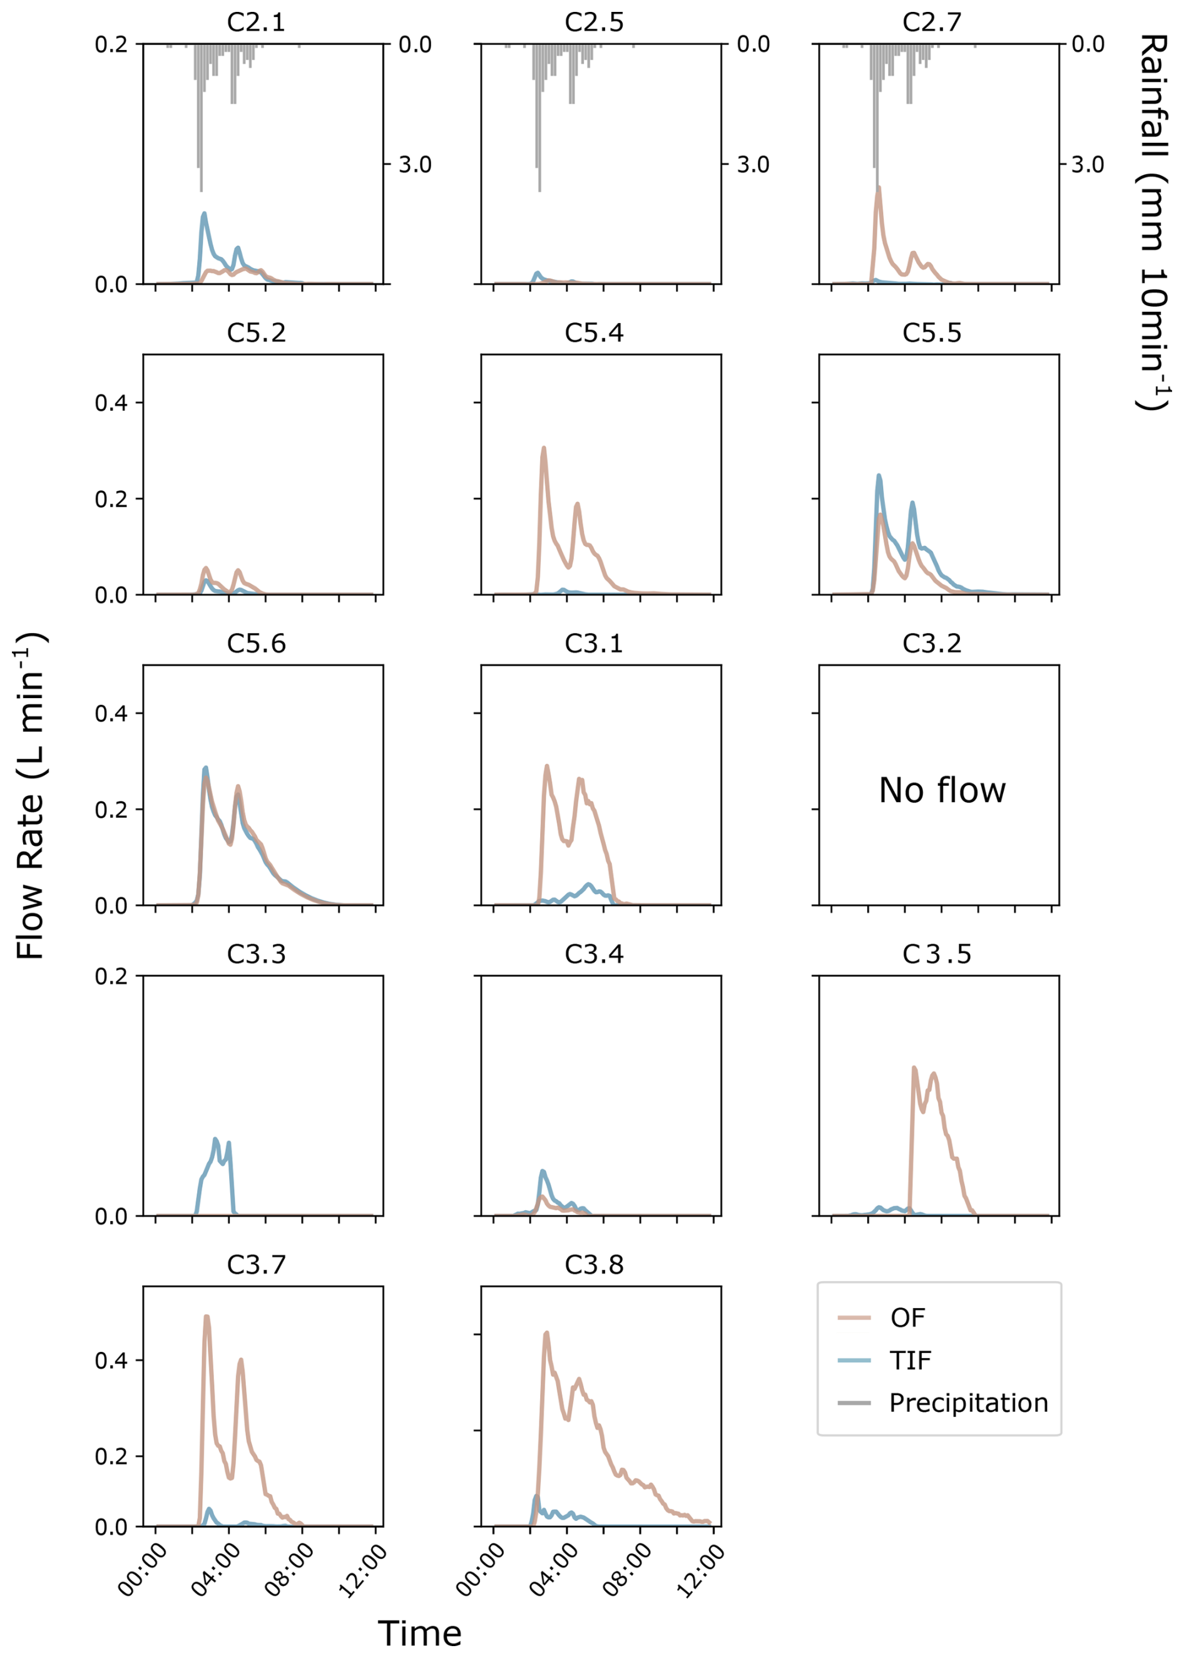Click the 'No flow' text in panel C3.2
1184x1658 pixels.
[942, 791]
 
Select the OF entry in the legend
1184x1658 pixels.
[907, 1317]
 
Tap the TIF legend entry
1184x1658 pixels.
[910, 1361]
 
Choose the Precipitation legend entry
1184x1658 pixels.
[968, 1403]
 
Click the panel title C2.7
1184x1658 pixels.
[932, 22]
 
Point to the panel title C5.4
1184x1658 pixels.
[593, 332]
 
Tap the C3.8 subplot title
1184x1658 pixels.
[593, 1264]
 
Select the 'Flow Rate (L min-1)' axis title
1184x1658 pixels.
[31, 795]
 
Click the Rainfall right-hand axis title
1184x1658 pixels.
[1153, 222]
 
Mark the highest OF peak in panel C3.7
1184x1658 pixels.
[207, 1317]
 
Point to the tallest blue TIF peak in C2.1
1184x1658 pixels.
[204, 214]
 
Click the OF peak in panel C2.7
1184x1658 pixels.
[879, 188]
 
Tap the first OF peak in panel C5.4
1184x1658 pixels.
[544, 448]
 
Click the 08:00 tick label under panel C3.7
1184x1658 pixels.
[290, 1570]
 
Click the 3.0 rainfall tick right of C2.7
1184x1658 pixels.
[1088, 165]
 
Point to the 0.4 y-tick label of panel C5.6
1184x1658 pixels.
[111, 713]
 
